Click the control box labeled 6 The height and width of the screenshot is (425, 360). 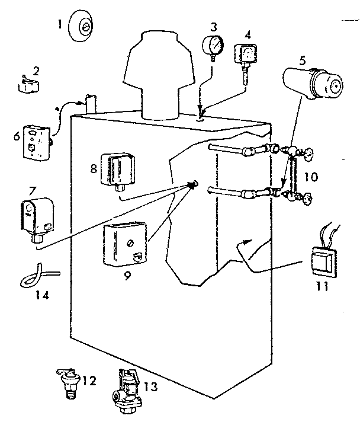(36, 141)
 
